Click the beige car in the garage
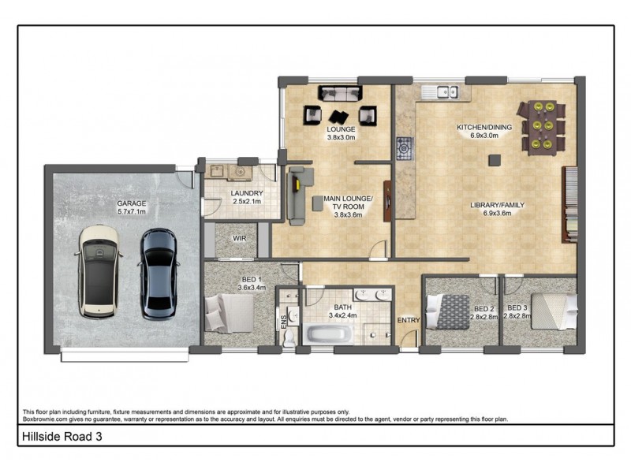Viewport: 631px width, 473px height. tap(99, 271)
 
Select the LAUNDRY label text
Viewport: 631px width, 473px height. tap(247, 193)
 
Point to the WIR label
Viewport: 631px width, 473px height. tap(237, 239)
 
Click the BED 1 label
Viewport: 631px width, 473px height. tap(252, 280)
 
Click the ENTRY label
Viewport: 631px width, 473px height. tap(409, 320)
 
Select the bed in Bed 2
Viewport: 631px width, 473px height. tap(447, 310)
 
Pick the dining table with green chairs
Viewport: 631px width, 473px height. tap(541, 126)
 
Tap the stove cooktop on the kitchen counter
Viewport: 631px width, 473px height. tap(405, 147)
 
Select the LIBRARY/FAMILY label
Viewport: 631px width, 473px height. tap(497, 205)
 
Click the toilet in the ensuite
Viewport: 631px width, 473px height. tap(289, 334)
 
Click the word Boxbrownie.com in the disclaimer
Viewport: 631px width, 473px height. tap(47, 419)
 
